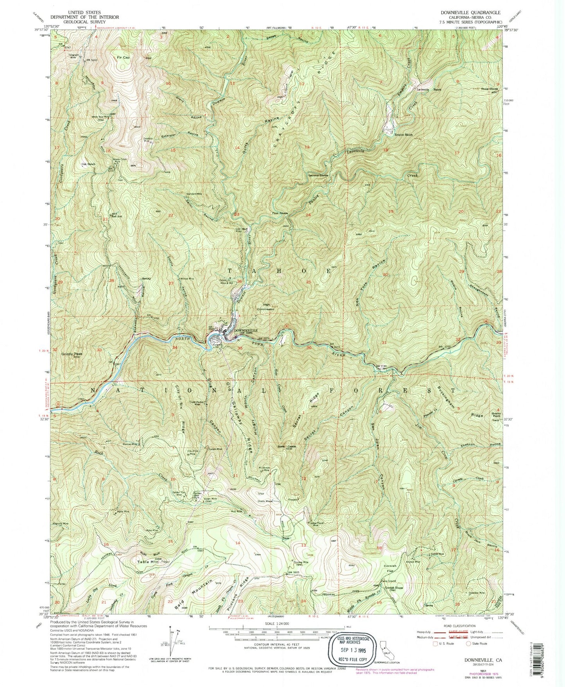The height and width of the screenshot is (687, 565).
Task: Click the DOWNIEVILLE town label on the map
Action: pos(246,330)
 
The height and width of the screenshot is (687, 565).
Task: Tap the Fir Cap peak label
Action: pos(123,57)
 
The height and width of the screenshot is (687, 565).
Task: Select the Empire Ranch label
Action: pos(403,135)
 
